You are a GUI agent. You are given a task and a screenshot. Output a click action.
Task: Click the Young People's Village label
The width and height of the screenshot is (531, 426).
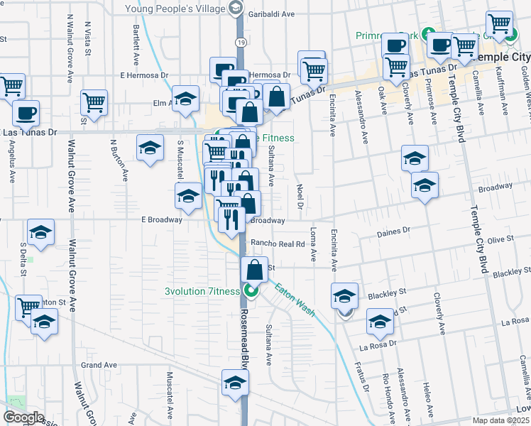[x=177, y=9]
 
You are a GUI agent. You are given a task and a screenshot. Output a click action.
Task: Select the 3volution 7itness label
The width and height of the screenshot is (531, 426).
[x=203, y=290]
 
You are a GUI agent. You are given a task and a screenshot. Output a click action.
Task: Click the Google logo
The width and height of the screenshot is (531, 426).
[x=23, y=417]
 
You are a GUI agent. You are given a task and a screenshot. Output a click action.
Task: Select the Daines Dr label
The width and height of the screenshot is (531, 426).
[x=396, y=231]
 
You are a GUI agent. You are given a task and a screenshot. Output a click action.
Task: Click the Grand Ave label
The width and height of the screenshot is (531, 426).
[x=99, y=365]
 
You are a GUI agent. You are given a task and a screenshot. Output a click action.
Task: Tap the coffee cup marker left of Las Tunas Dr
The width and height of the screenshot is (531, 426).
[x=26, y=113]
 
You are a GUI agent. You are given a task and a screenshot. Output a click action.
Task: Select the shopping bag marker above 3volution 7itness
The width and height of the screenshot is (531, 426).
[x=254, y=270]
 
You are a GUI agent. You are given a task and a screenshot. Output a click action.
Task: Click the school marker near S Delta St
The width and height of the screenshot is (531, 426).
[x=41, y=232]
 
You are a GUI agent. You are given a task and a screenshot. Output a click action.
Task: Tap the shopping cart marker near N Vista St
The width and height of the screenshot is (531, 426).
[x=94, y=102]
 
